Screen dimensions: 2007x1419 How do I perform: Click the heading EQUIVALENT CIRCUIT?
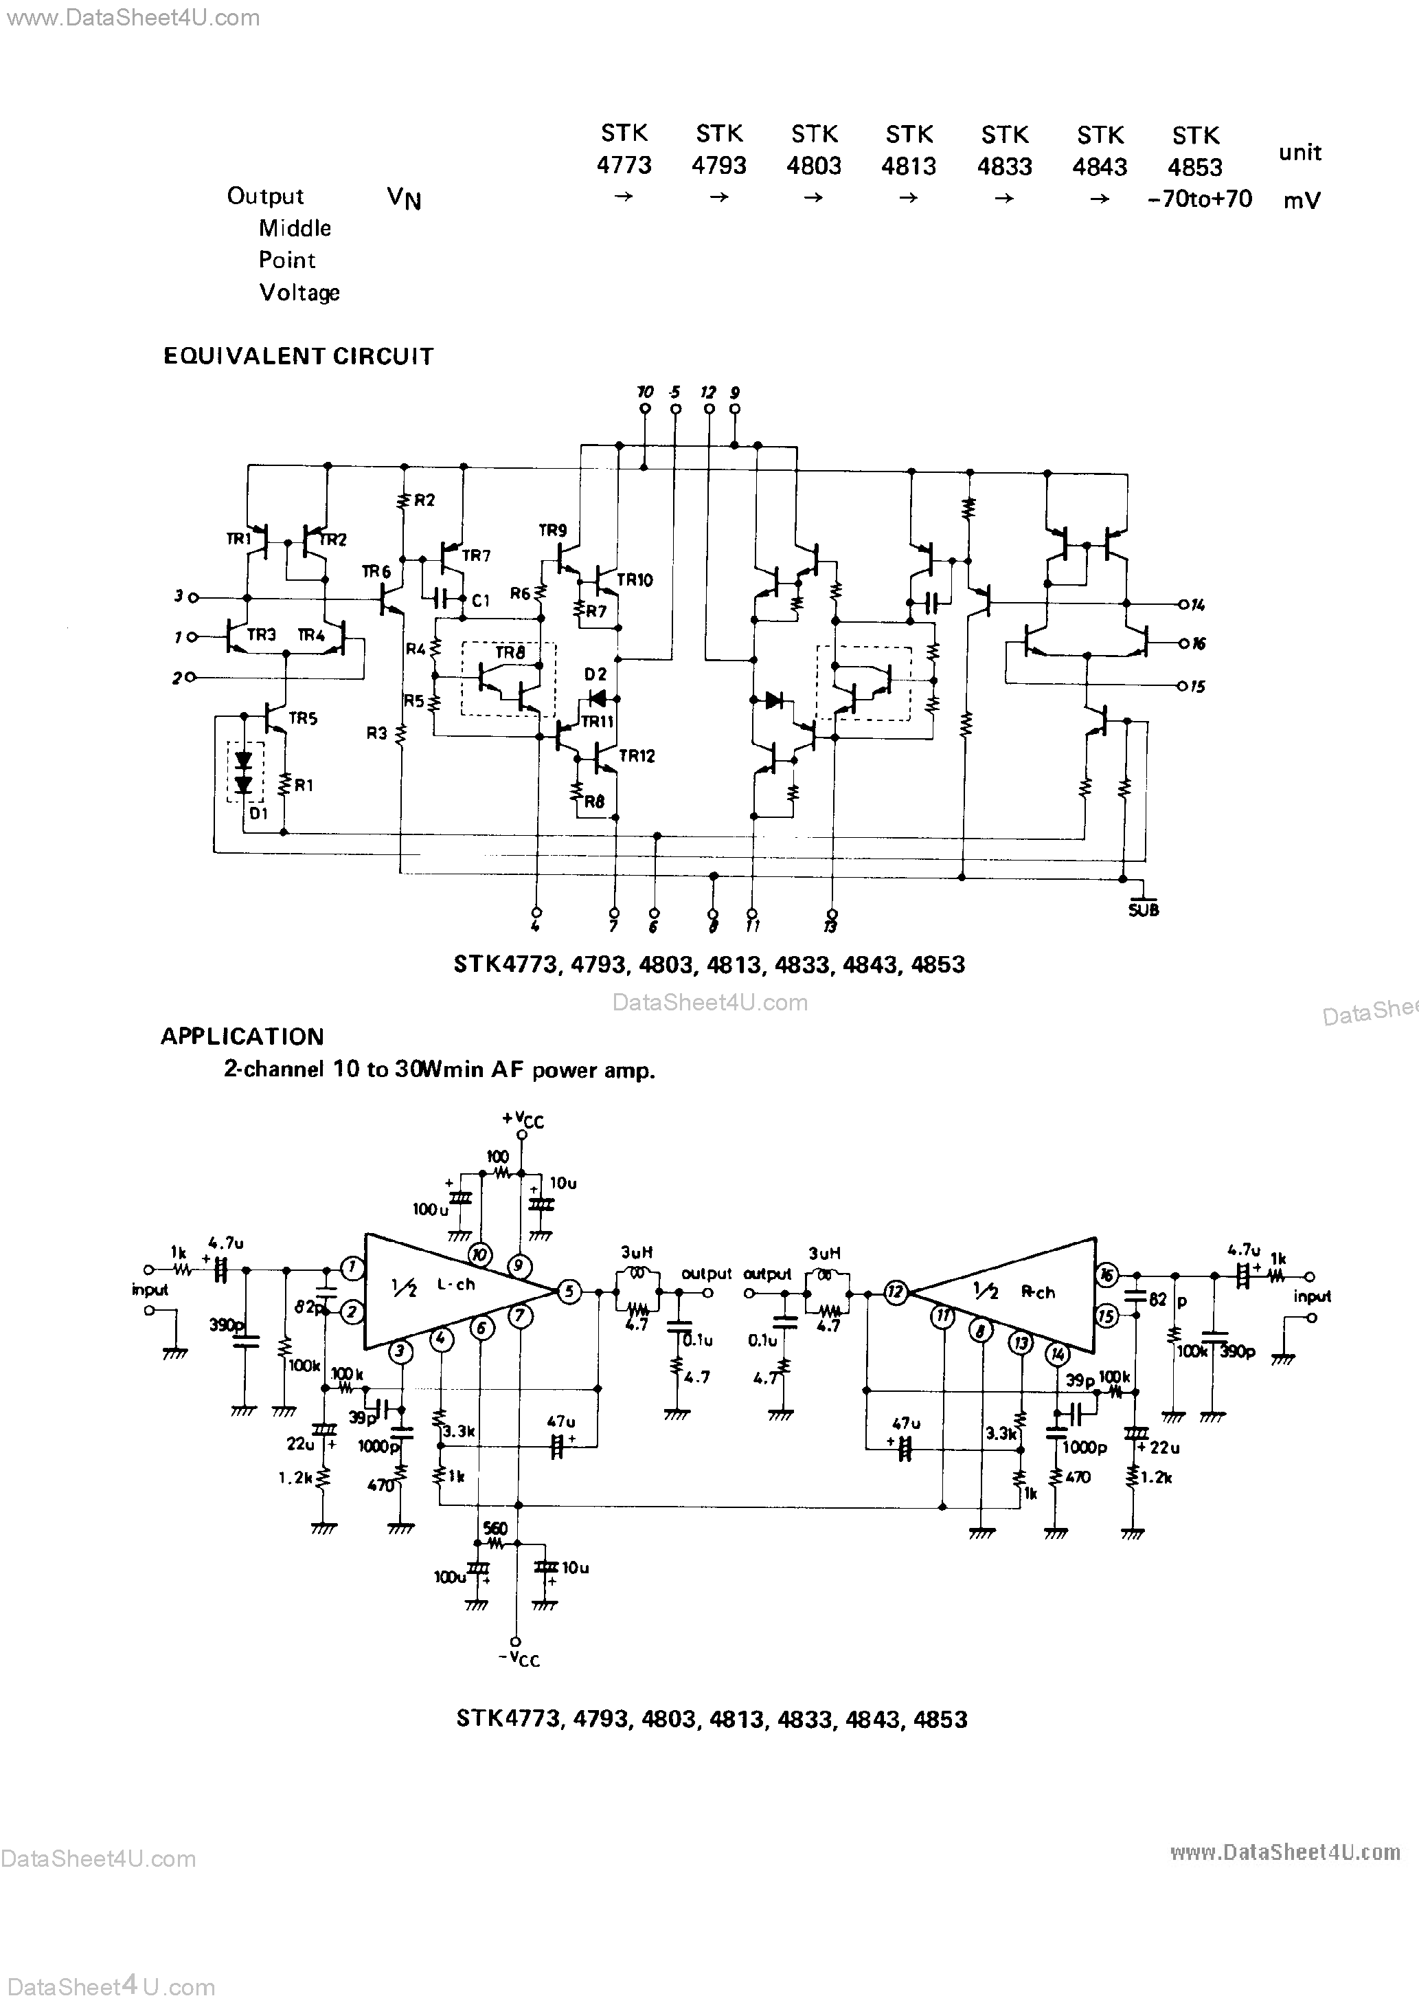coord(298,357)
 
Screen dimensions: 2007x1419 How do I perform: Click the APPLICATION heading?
coord(242,1036)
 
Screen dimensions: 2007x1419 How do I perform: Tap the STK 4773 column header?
coord(624,148)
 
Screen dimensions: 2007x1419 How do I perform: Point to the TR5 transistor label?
coord(302,718)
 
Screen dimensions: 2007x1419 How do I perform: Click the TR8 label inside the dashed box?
coord(510,653)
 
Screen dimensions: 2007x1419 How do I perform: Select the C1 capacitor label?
coord(481,601)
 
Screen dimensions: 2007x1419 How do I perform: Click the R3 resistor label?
coord(376,733)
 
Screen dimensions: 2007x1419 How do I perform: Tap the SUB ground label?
coord(1143,910)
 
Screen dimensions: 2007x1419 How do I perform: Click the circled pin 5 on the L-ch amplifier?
coord(569,1291)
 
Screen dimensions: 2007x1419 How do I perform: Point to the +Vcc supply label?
coord(523,1120)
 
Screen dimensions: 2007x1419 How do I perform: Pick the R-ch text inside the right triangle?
coord(1039,1292)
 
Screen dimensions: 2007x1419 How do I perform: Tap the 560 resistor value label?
coord(495,1529)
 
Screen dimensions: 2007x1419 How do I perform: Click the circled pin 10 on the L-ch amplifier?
coord(479,1255)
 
